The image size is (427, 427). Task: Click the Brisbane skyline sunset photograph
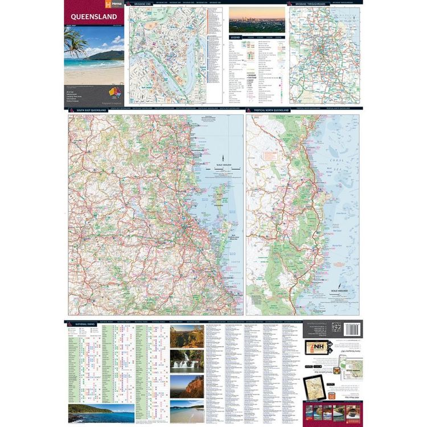coord(257,20)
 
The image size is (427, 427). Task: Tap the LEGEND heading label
coord(235,36)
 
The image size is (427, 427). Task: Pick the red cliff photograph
coord(187,386)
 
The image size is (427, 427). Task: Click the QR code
coord(336,327)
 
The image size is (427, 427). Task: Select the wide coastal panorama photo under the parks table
coord(101,413)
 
